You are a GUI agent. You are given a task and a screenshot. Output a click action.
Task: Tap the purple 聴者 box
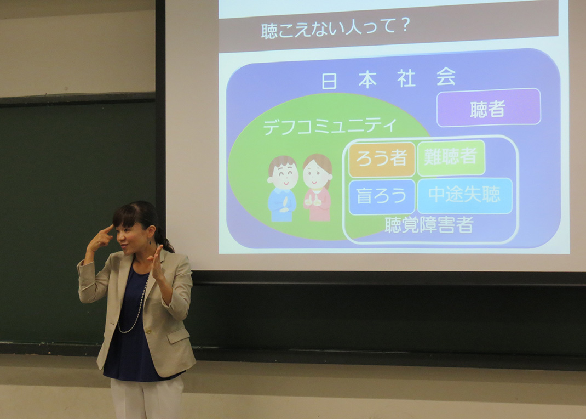[x=489, y=108]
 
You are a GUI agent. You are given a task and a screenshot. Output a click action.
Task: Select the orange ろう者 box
[x=382, y=160]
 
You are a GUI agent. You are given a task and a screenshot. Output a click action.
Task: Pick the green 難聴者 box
[x=451, y=157]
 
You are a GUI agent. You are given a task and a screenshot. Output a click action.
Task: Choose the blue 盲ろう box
[x=382, y=197]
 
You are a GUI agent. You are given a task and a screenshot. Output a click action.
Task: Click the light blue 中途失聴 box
[x=464, y=195]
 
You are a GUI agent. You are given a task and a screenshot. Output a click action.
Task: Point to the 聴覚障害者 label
[x=429, y=225]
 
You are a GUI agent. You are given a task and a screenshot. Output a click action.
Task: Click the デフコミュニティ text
[x=330, y=126]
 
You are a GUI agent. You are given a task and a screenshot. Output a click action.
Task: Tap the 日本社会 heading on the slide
[x=389, y=78]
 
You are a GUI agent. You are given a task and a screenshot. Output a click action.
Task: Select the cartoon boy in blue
[x=283, y=189]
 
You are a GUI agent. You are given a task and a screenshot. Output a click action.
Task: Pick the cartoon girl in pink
[x=317, y=187]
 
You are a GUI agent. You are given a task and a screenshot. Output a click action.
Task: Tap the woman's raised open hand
[x=156, y=263]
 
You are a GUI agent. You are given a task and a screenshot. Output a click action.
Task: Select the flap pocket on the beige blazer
[x=179, y=336]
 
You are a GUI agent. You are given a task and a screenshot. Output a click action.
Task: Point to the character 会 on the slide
[x=446, y=77]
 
